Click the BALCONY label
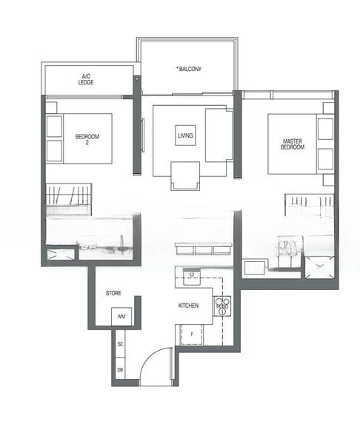(190, 69)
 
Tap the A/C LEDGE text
(87, 79)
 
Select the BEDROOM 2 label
(87, 139)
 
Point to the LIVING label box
(186, 136)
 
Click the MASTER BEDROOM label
(293, 144)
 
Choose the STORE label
(113, 293)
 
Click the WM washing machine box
(121, 317)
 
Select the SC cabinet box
(120, 344)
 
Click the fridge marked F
(192, 335)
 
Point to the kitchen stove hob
(221, 306)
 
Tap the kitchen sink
(192, 278)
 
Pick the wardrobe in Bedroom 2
(68, 199)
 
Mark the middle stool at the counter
(203, 249)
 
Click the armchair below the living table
(185, 175)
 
